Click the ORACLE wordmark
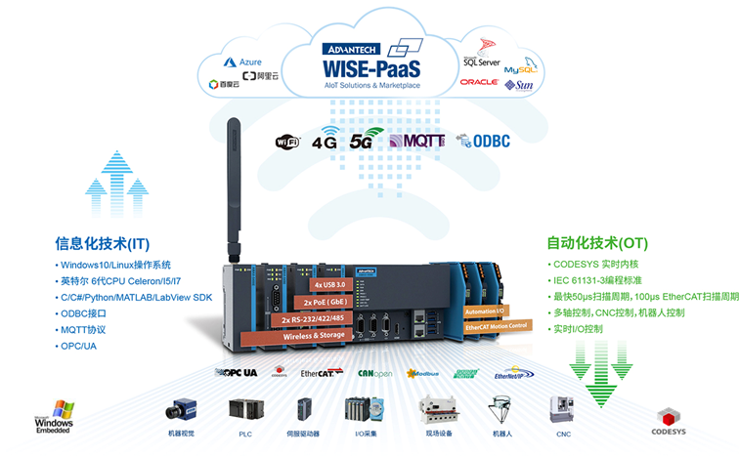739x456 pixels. tap(479, 82)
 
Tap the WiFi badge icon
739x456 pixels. tap(287, 142)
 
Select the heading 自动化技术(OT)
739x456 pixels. tap(595, 243)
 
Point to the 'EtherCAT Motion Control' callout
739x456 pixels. tap(498, 325)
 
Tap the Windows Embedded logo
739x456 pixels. tap(54, 416)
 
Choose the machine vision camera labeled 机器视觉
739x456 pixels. tap(181, 411)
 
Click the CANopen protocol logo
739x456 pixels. tap(376, 373)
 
